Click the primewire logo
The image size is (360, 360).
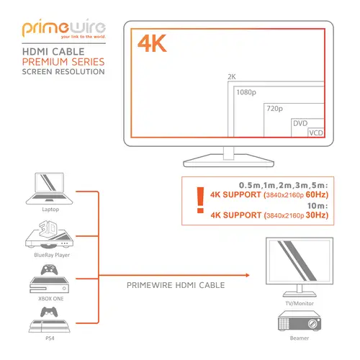coord(64,28)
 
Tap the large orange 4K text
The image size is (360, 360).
coord(152,43)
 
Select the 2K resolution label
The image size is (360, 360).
coord(232,77)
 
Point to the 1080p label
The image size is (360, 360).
coord(246,92)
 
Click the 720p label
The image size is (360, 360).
coord(274,109)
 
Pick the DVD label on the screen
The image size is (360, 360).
coord(300,123)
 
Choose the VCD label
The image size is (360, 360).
coord(316,132)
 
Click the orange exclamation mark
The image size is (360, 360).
coord(200,200)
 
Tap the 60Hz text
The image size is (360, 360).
coord(315,194)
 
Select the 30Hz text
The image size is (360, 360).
coord(315,215)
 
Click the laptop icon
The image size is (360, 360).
coord(49,189)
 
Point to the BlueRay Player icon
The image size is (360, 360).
coord(50,235)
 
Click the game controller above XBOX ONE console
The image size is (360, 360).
coord(49,269)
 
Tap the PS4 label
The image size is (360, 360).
coord(50,338)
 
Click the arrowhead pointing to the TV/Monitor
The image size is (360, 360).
coord(248,275)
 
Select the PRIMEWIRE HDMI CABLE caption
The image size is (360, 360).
coord(176,285)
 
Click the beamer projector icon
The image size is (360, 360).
coord(300,321)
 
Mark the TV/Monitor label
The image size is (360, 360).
coord(300,303)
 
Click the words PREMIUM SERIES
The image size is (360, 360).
coord(63,62)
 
